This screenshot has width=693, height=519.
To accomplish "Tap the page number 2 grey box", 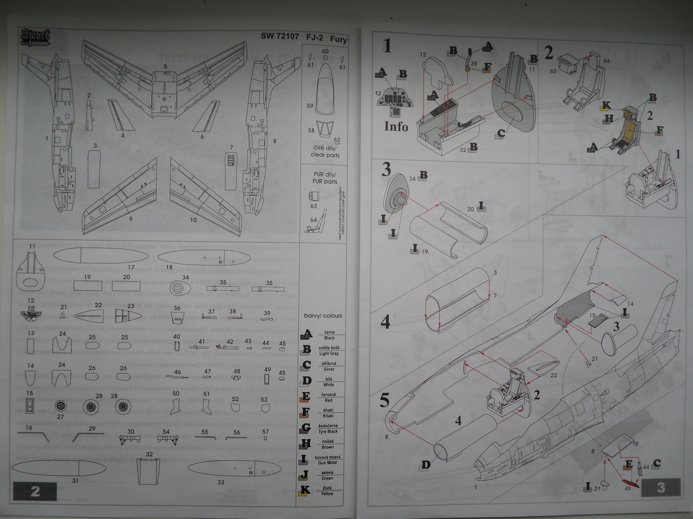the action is click(35, 491).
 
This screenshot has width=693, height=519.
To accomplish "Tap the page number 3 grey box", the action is click(661, 487).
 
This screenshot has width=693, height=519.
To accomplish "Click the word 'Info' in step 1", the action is click(396, 126).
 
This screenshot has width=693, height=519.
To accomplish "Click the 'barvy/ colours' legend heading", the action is click(323, 316).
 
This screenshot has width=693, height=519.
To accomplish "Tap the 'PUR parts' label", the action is click(325, 178).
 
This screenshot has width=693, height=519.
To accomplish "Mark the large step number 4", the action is click(385, 322).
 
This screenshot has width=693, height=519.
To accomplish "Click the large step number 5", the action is click(385, 400).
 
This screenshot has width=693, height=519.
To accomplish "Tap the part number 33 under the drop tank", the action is click(221, 482).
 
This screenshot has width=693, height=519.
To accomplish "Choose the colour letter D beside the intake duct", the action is click(426, 465).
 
